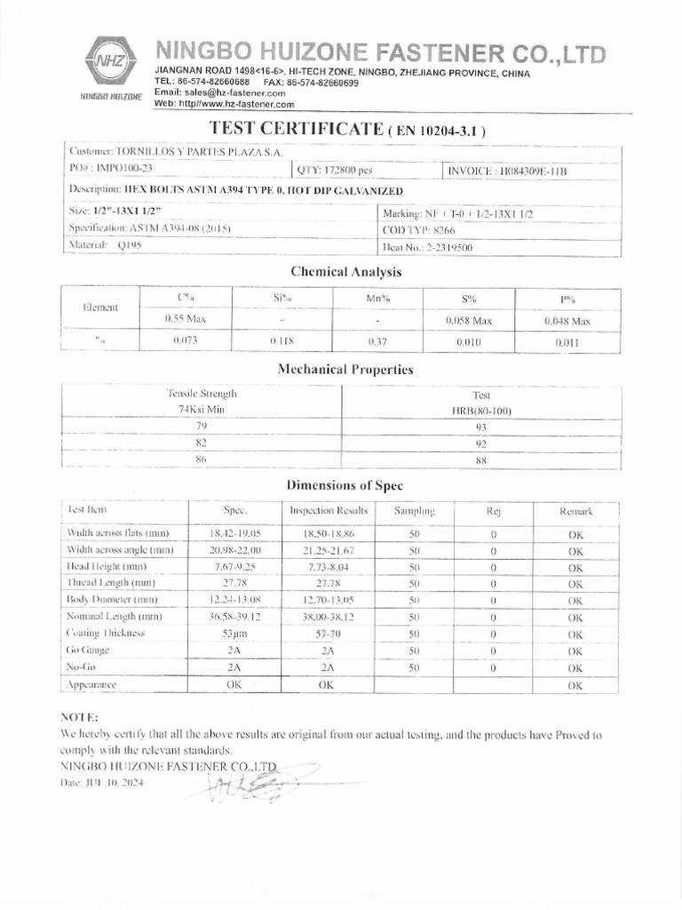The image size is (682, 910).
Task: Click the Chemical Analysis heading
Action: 345,272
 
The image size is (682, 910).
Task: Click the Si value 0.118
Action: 281,341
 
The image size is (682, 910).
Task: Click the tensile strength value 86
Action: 201,459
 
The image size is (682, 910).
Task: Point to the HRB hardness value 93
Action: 482,427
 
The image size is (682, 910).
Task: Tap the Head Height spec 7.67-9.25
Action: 234,566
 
